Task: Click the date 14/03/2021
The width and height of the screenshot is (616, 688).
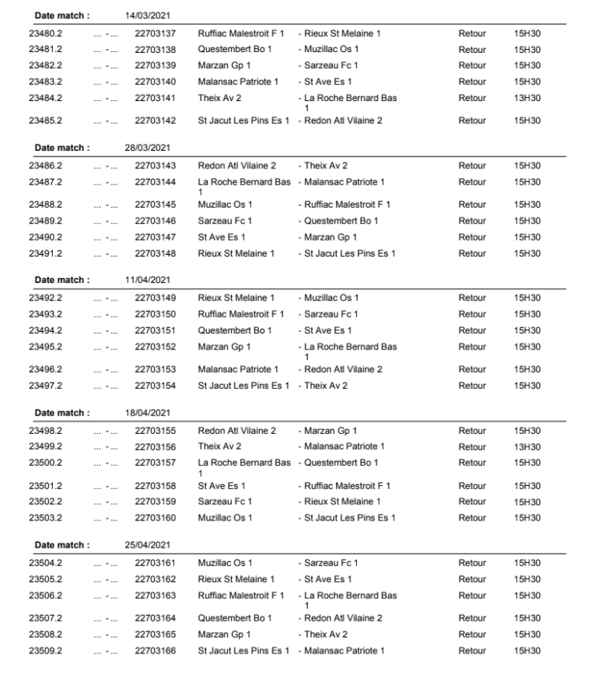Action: [x=148, y=15]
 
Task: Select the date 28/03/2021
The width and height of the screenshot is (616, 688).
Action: [x=148, y=148]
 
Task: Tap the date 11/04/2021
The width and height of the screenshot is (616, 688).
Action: [x=148, y=280]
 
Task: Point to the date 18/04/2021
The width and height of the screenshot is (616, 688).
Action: [x=148, y=413]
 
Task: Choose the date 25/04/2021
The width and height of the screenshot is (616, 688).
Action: [x=148, y=545]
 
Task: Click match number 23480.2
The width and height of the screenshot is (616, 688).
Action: [x=46, y=34]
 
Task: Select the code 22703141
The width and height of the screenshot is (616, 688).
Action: [x=155, y=98]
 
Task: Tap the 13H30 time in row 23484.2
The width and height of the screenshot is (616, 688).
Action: [x=527, y=98]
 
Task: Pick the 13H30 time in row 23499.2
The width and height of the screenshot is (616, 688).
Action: [x=527, y=447]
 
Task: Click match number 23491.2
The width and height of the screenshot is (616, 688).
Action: [x=46, y=253]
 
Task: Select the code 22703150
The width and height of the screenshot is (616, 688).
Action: [x=155, y=314]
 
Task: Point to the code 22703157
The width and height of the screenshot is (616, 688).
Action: [x=155, y=463]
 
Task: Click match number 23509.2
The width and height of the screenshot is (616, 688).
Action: [x=46, y=650]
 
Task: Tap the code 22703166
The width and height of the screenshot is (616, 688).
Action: [x=155, y=650]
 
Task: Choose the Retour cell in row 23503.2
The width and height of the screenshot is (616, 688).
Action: [x=472, y=518]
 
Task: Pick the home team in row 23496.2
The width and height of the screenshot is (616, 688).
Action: [x=238, y=370]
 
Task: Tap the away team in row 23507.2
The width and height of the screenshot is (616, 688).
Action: [x=342, y=618]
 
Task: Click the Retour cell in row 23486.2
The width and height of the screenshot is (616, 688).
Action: [x=472, y=166]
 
